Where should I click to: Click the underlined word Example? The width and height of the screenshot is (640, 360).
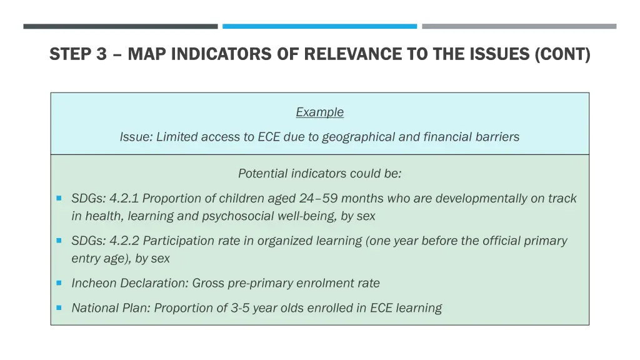pos(319,112)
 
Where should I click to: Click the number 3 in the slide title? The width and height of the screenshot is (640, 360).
pos(101,55)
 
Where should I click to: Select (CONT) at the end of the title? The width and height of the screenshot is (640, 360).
pos(562,55)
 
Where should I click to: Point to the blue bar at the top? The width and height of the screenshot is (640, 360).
pos(319,26)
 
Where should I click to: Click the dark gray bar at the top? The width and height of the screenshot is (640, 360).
pos(121,26)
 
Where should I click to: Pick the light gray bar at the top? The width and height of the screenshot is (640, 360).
pos(519,26)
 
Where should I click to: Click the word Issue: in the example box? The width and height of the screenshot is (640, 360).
pos(136,137)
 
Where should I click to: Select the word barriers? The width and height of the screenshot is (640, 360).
pos(496,137)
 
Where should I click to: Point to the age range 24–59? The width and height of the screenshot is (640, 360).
pos(319,199)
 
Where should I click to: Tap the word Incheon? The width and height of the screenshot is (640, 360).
pos(94,283)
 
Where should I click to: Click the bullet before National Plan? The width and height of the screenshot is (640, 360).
pos(58,307)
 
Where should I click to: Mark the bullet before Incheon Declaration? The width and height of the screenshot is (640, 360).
pos(58,282)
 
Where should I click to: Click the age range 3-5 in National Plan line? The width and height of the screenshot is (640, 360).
pos(240,308)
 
